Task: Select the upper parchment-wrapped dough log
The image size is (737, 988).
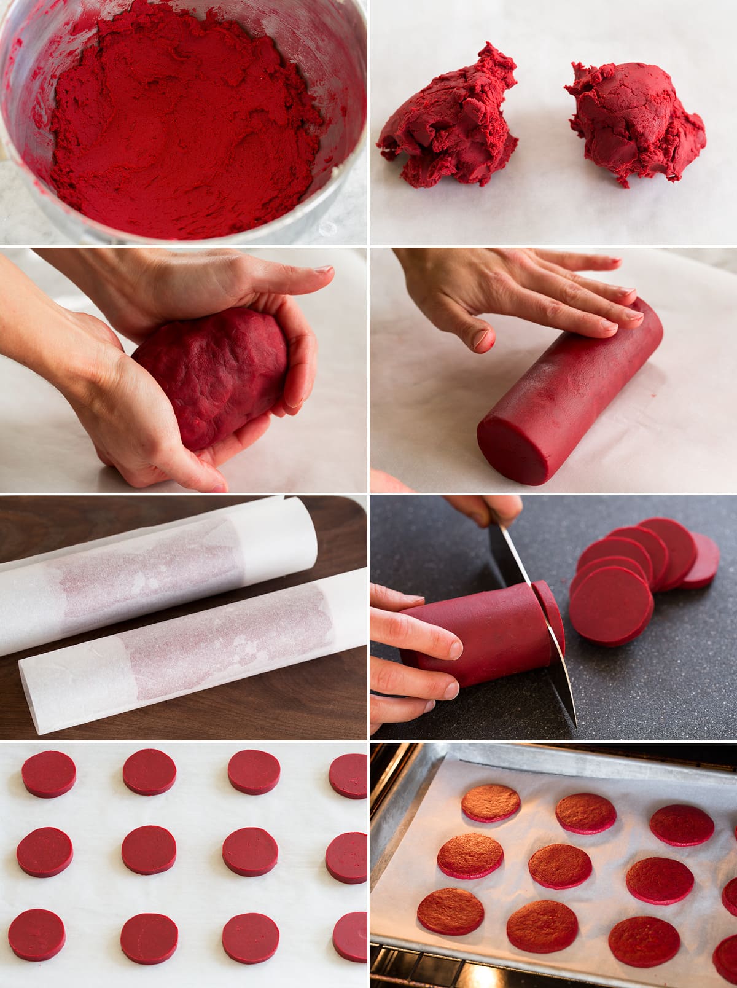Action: [154, 571]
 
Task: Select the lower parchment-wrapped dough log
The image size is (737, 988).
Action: [197, 657]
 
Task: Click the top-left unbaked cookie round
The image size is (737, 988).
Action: [49, 774]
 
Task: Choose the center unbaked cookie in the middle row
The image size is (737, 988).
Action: [148, 850]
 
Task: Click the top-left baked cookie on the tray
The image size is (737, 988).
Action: [491, 802]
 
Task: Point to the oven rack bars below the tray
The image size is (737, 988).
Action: [430, 971]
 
